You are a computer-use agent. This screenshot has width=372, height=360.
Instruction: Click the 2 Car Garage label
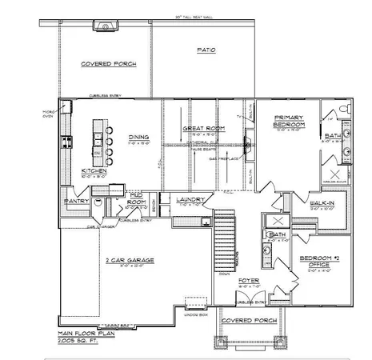(x=130, y=261)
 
